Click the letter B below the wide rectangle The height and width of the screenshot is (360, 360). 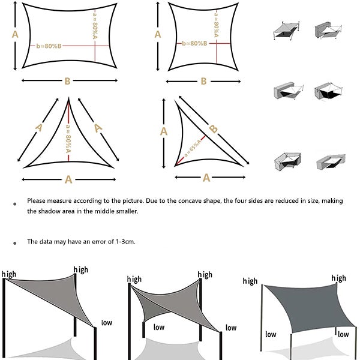pos(67,80)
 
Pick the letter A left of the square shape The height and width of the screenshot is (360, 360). pos(158,34)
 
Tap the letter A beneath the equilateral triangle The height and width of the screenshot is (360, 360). pos(68,179)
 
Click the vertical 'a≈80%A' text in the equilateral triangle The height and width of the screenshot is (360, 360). pos(68,139)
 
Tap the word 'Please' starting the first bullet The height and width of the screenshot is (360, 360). pos(36,201)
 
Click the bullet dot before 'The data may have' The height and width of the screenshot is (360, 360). pos(14,244)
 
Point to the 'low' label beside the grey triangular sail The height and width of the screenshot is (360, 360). pos(107,323)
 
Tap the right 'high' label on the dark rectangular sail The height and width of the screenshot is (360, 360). pos(338,278)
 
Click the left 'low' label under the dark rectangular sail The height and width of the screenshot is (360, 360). pos(271,334)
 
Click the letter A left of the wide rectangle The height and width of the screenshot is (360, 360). pos(16,34)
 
